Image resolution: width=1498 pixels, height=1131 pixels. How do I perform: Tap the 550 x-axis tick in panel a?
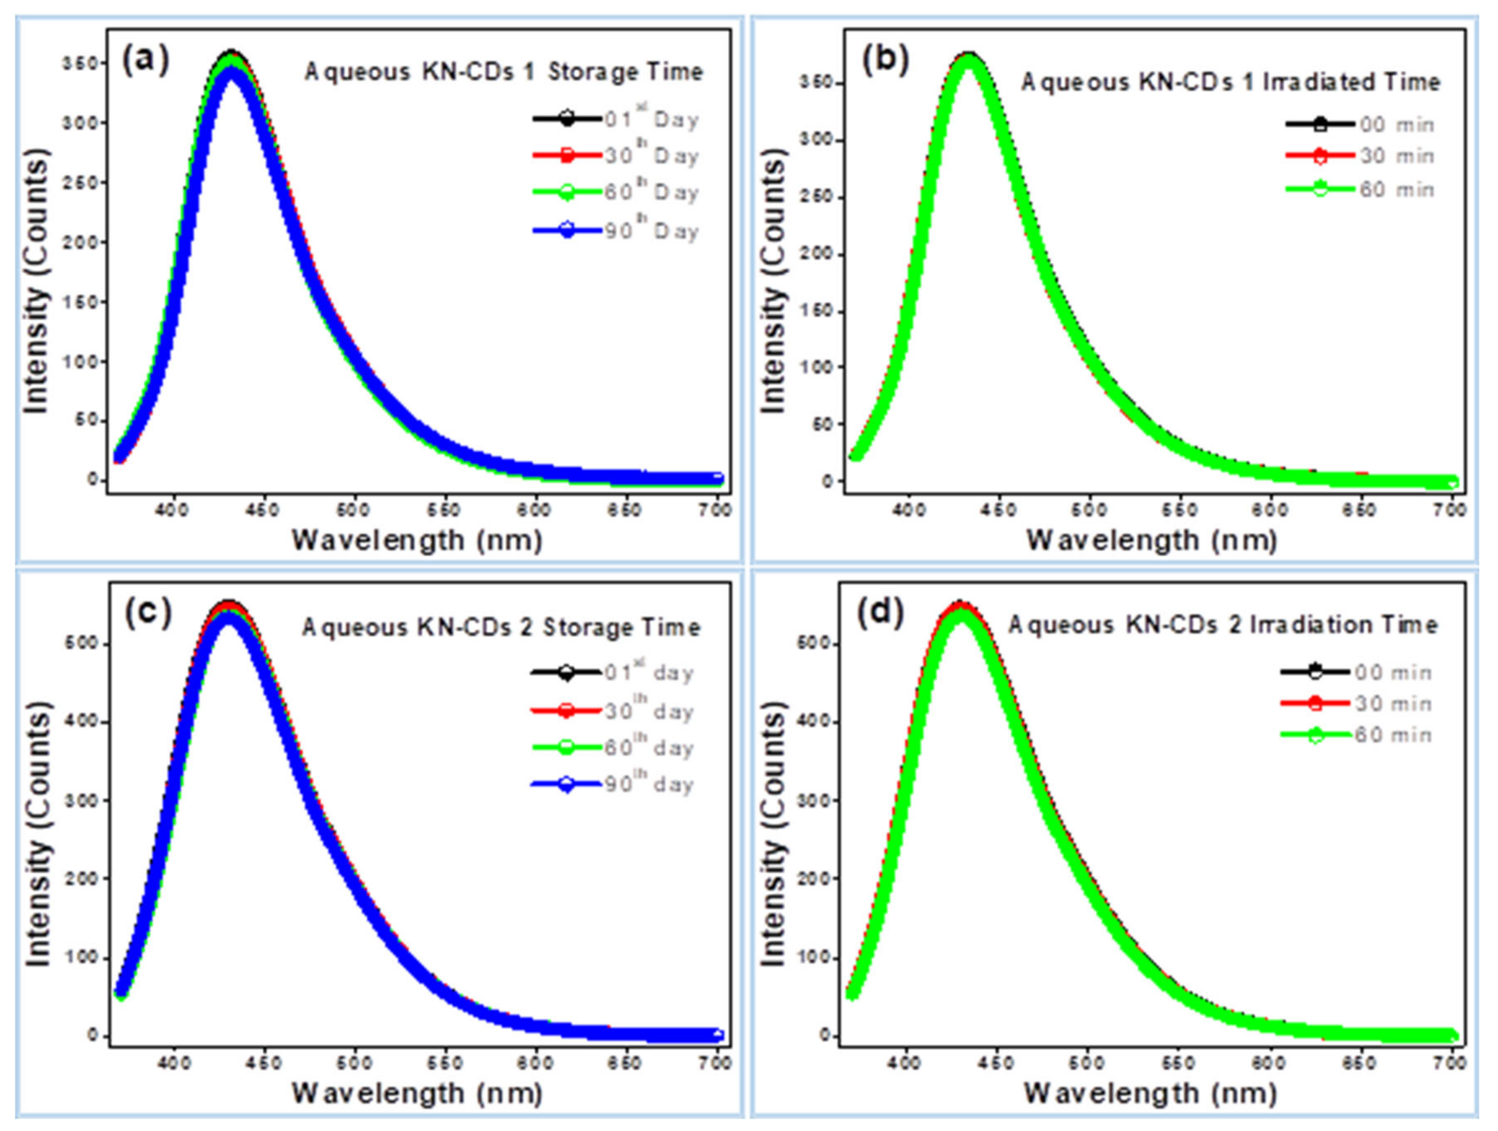[444, 510]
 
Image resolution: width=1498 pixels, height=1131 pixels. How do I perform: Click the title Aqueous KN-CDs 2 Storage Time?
[500, 628]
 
